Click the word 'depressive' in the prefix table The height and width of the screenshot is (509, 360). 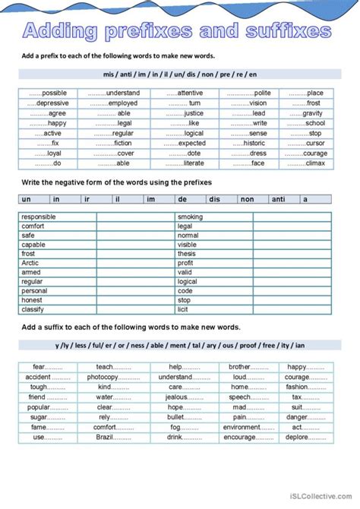coord(52,103)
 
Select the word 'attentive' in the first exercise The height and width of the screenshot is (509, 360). coord(190,93)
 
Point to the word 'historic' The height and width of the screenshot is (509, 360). coord(254,143)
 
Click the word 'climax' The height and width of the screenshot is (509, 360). coord(314,163)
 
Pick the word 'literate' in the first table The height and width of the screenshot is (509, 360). coord(194,163)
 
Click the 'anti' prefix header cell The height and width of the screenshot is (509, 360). coord(278,199)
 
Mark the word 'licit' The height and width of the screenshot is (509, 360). coord(184,309)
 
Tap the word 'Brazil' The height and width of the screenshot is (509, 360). coord(104,438)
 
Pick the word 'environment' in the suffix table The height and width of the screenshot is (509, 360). coord(242,428)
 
